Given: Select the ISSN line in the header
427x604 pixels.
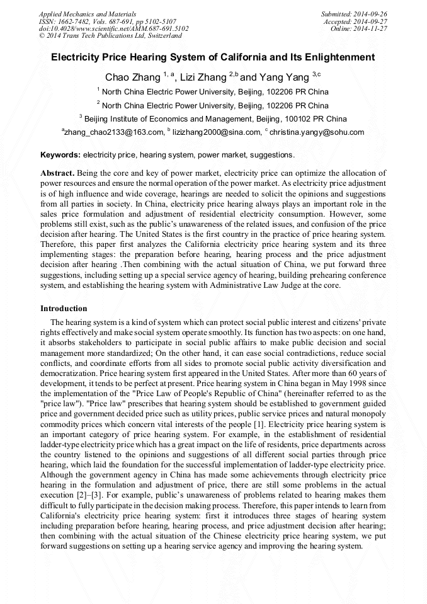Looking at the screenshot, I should click(108, 21).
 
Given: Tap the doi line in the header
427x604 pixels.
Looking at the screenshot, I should click(113, 29).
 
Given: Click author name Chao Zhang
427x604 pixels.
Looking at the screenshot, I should click(132, 78).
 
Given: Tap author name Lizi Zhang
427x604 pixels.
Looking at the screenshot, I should click(203, 78).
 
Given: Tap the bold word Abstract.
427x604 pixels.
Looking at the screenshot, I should click(57, 173).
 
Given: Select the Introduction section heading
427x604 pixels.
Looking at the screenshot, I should click(64, 309).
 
